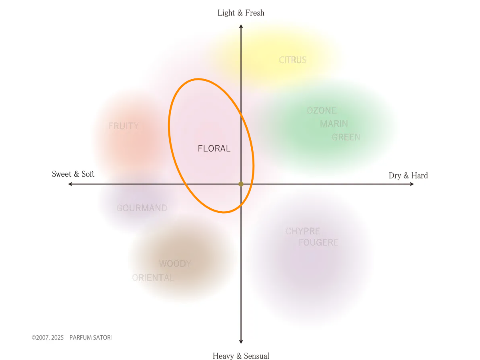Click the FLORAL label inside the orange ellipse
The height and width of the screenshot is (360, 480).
pos(214,148)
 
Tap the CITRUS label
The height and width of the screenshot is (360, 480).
pos(292,60)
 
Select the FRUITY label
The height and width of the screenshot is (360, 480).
pos(124,126)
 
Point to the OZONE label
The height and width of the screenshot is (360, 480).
pos(322,110)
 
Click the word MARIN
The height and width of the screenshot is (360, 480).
pos(334,124)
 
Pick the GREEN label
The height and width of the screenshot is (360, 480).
pos(346,137)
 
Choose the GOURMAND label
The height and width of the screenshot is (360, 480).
pos(142,208)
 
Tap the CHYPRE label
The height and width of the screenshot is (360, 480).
pos(303,231)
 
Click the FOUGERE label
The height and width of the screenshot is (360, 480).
pos(318,242)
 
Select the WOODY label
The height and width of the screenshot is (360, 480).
pos(175,264)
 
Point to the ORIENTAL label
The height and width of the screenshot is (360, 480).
pos(153,278)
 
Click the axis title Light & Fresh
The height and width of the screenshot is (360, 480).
pos(241,13)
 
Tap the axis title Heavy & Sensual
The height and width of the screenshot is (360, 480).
pos(241,356)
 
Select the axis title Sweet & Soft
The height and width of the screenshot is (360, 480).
pos(73,174)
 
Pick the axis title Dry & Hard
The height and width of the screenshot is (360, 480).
pos(408,176)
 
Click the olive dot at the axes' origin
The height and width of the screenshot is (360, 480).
pos(241,184)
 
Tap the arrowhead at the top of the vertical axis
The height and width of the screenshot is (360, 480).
pos(241,26)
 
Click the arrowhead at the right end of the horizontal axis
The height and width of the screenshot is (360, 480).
pos(412,184)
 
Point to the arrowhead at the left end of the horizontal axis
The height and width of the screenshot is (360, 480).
pos(70,184)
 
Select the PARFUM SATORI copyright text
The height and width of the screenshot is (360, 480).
pos(72,338)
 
